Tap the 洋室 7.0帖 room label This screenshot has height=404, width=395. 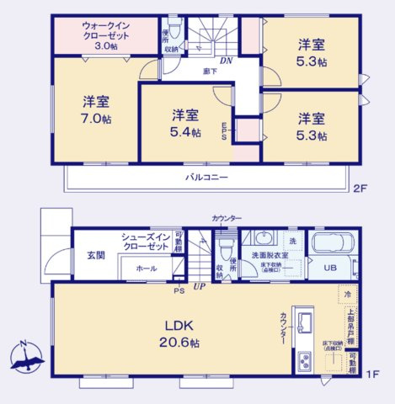96,109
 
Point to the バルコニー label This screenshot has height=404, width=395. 207,178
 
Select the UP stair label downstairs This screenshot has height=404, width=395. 199,288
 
